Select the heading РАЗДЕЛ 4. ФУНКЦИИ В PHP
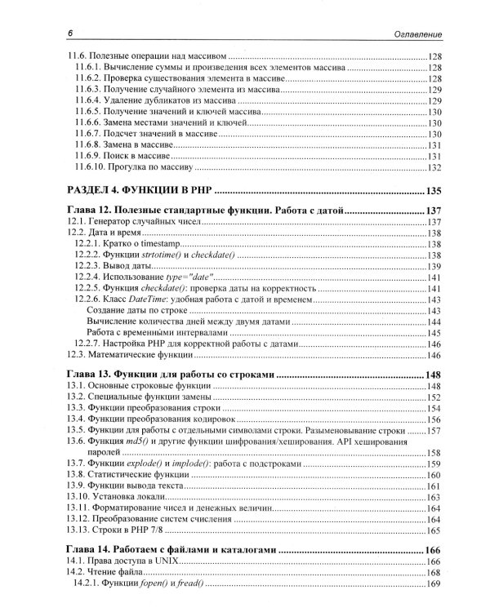click(x=139, y=191)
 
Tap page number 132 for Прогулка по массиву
click(x=434, y=169)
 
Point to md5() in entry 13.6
click(x=133, y=441)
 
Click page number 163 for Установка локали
click(x=434, y=498)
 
